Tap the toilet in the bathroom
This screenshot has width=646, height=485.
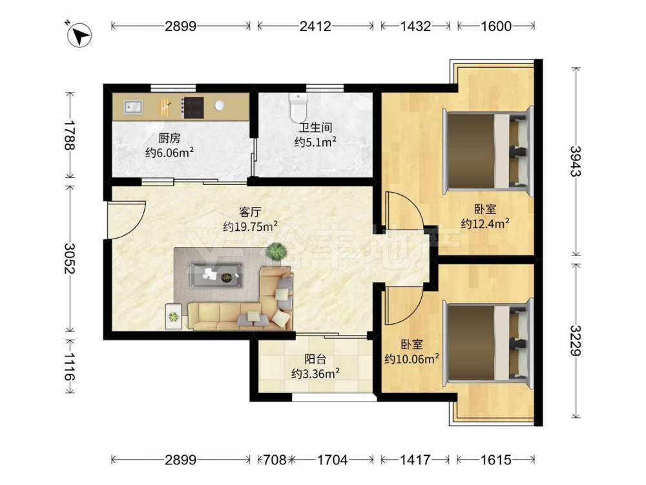(x=298, y=107)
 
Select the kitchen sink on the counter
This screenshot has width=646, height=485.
(x=132, y=107)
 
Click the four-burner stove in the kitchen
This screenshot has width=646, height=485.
(x=193, y=107)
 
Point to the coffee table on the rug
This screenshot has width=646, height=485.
(x=216, y=275)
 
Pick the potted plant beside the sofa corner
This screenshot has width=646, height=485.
(x=276, y=251)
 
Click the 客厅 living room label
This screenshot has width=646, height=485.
(x=250, y=212)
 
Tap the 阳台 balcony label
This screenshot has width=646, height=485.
(x=315, y=359)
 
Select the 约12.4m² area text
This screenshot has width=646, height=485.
(x=485, y=224)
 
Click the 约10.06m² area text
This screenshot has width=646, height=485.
(x=412, y=359)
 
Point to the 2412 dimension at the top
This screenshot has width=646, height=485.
(x=315, y=27)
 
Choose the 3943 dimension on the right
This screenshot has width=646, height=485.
(x=576, y=161)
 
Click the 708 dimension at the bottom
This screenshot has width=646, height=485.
(x=275, y=459)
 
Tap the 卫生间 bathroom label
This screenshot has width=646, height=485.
(x=316, y=127)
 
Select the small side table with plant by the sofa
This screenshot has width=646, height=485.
(x=173, y=317)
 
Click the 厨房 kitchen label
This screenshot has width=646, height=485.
(x=169, y=138)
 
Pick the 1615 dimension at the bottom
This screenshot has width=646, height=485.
(x=496, y=459)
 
